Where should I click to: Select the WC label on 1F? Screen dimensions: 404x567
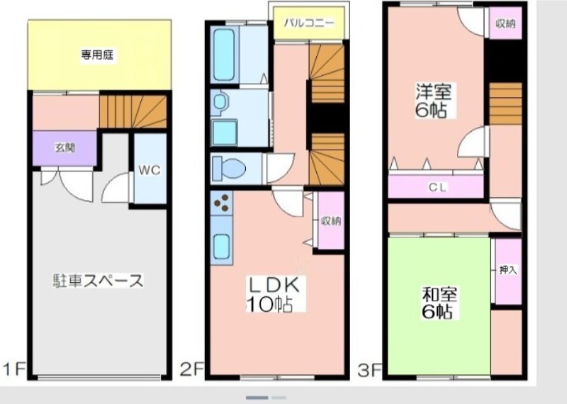coord(149,170)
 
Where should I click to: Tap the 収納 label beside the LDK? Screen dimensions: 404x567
coord(331,220)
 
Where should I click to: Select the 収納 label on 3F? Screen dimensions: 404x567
coord(505,24)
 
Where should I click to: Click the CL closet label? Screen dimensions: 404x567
coord(437,187)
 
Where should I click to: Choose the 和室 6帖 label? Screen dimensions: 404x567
coord(439,303)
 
